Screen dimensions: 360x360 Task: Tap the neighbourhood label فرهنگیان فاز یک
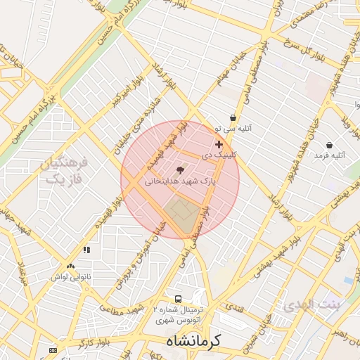point(64,172)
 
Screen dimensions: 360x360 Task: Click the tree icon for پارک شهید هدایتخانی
point(180,170)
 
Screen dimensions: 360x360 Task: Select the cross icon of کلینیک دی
point(219,144)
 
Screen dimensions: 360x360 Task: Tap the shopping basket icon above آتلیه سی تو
point(233,118)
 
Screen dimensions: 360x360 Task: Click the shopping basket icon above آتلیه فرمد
point(329,145)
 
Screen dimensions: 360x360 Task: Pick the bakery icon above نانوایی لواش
point(70,266)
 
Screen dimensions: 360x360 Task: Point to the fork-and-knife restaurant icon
point(86,250)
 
